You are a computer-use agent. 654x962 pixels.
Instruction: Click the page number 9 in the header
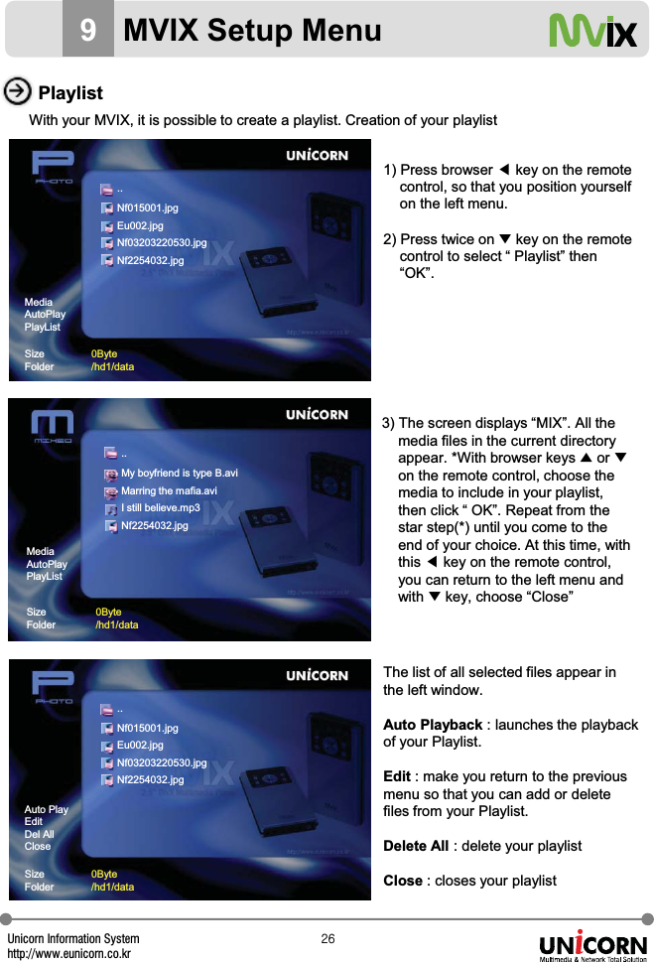[x=88, y=31]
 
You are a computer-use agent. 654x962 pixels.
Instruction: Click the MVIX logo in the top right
[x=593, y=32]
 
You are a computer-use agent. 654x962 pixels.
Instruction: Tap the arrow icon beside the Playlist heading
[x=17, y=92]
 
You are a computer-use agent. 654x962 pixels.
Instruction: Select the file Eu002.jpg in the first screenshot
[x=140, y=226]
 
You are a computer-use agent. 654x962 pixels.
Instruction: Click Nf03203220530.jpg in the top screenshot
[x=161, y=243]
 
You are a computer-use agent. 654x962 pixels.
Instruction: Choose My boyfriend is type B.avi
[x=179, y=474]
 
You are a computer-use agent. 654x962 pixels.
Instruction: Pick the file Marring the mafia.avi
[x=168, y=491]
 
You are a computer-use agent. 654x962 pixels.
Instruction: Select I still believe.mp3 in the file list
[x=160, y=508]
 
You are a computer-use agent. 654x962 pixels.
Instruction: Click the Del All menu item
[x=39, y=834]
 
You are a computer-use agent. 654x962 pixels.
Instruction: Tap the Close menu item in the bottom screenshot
[x=37, y=847]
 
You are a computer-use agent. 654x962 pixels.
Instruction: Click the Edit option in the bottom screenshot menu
[x=33, y=822]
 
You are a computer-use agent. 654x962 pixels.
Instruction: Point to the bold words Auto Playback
[x=433, y=725]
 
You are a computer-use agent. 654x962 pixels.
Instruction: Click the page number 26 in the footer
[x=327, y=939]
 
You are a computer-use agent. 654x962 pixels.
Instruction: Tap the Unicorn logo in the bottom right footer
[x=592, y=946]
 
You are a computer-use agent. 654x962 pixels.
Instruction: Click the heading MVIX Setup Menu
[x=252, y=31]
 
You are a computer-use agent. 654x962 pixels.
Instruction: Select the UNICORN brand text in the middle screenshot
[x=317, y=415]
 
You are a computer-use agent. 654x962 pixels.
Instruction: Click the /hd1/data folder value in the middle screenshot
[x=116, y=625]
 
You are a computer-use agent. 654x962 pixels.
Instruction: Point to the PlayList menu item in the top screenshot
[x=42, y=327]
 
